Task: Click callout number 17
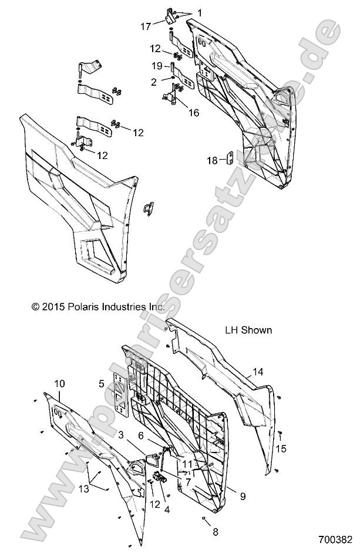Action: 146,26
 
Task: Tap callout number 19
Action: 157,66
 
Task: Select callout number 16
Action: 194,113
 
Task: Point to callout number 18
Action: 212,161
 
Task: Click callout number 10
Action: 60,384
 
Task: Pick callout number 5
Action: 102,384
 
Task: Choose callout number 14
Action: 258,372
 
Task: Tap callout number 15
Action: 281,448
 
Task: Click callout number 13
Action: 84,489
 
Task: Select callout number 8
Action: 216,532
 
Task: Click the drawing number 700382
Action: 335,540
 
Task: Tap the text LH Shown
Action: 248,330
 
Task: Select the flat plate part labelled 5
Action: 120,394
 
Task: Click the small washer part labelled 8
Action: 204,519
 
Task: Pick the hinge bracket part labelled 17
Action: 170,18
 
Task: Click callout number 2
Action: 153,82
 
